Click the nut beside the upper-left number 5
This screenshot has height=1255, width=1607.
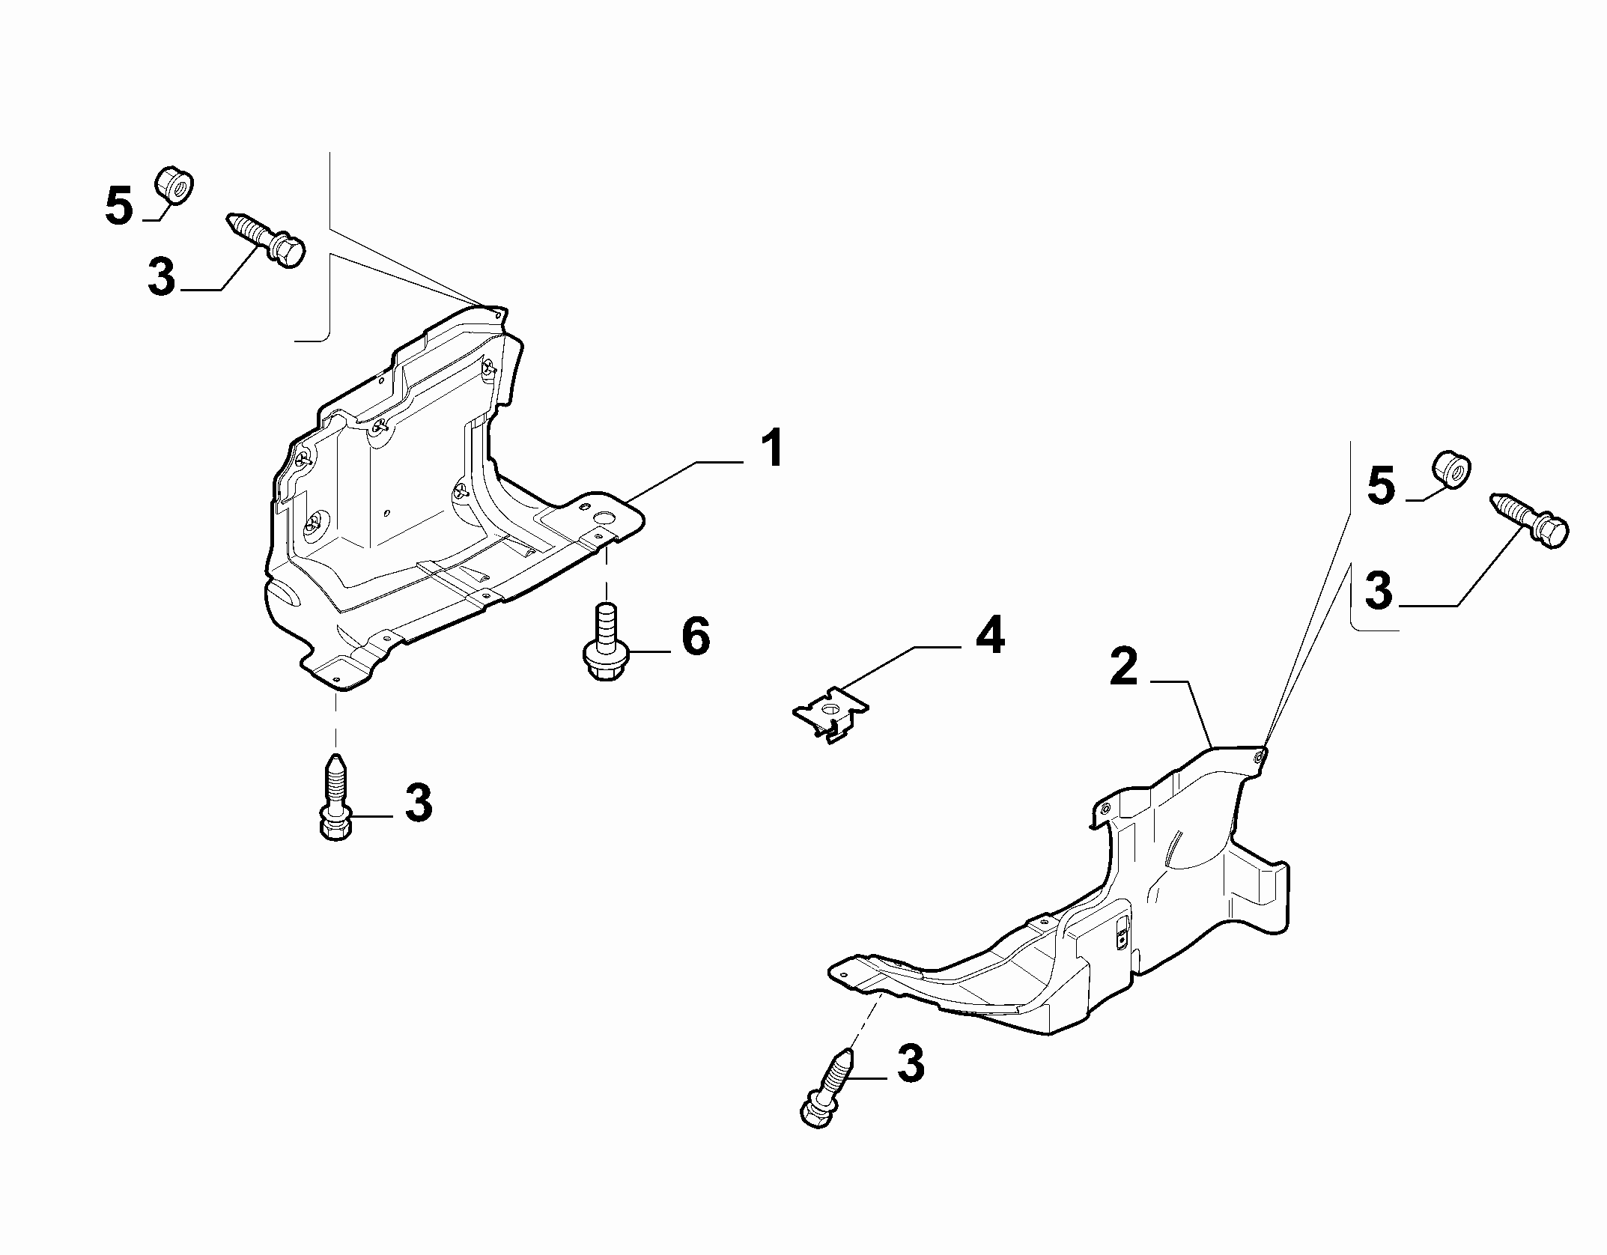click(174, 186)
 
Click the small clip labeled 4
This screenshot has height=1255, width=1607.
click(830, 714)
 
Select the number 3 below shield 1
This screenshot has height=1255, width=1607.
click(418, 803)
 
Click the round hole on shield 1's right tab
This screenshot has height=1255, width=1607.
click(603, 517)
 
